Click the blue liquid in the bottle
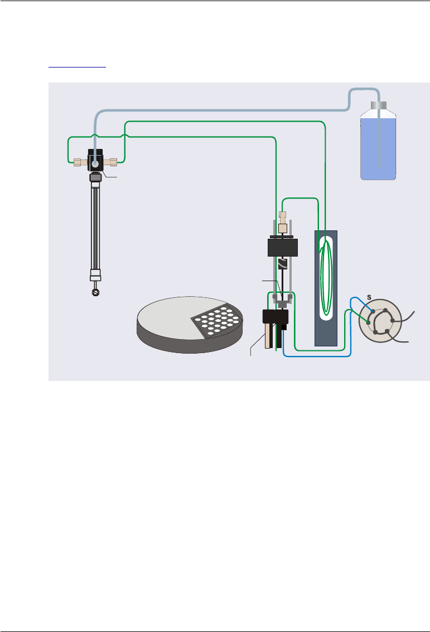pos(378,148)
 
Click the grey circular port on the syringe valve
pos(95,165)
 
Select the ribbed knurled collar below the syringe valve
pos(95,179)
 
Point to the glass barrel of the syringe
pos(95,229)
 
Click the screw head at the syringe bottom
pos(95,291)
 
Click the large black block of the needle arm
pos(283,246)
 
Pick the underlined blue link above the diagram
pos(77,66)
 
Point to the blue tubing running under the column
pos(318,356)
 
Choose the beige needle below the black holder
pos(268,337)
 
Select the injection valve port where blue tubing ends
pos(373,311)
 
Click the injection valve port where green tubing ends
pos(368,322)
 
